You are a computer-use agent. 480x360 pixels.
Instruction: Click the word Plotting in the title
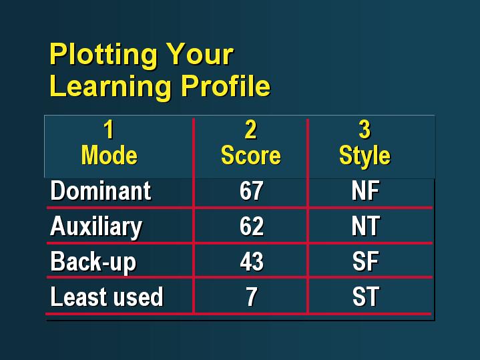tap(103, 55)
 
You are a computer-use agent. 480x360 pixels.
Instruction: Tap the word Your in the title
tap(200, 54)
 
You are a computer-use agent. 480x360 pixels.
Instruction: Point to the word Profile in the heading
tap(226, 85)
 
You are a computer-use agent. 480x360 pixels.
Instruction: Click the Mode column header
tap(109, 156)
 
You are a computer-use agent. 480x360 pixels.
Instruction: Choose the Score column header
tap(251, 156)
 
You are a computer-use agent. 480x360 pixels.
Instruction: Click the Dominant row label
tap(101, 190)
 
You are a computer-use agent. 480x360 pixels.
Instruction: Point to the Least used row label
tap(107, 297)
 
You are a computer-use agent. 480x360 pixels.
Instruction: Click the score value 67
tap(251, 190)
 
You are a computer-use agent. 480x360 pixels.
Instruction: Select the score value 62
tap(251, 226)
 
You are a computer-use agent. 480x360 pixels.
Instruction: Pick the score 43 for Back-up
tap(252, 261)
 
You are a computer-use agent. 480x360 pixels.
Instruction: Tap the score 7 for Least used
tap(252, 297)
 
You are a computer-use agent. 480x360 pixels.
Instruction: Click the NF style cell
tap(366, 190)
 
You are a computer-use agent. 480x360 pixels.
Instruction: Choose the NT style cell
tap(366, 226)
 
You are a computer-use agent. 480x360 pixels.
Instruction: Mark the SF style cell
tap(366, 261)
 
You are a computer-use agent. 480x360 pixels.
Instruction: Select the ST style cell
tap(366, 297)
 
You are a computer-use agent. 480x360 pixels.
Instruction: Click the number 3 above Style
tap(365, 130)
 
